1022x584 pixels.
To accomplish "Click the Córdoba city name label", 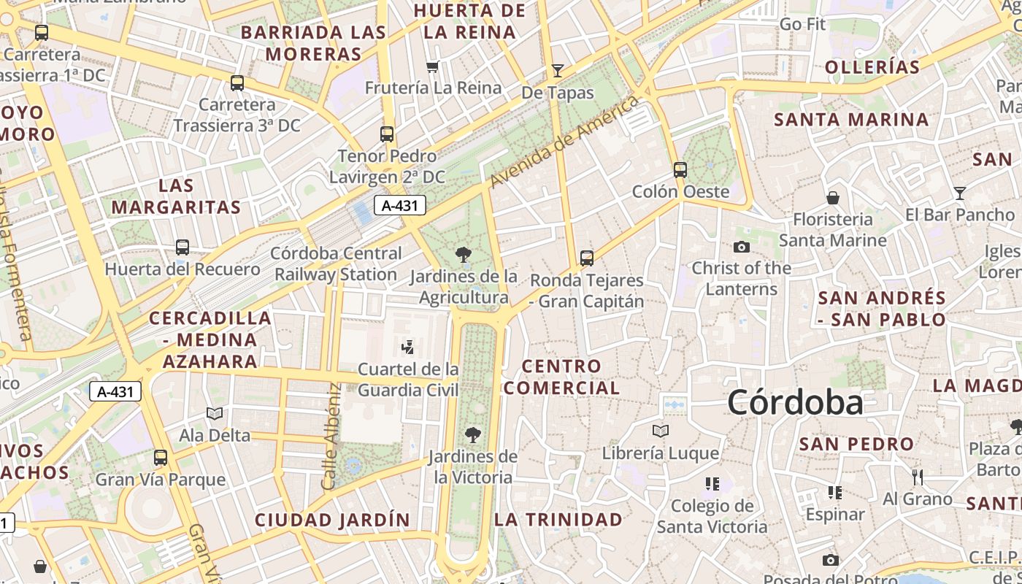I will (795, 402).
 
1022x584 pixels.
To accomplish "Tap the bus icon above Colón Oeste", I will (680, 170).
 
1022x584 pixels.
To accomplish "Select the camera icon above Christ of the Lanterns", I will (742, 247).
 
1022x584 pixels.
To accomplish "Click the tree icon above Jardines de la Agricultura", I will (463, 255).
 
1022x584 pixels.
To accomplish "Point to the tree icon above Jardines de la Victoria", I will (473, 435).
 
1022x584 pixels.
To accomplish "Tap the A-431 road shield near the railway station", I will (400, 206).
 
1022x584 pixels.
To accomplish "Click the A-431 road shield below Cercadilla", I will (115, 391).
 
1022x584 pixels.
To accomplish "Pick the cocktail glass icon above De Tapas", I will (558, 70).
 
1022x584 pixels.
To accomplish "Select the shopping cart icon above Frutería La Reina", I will (433, 67).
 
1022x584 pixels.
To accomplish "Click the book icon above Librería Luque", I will (661, 431).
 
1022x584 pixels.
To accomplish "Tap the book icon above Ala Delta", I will (215, 414).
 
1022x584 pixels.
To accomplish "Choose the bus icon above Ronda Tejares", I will (587, 258).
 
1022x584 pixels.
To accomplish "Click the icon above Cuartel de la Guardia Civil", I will (408, 347).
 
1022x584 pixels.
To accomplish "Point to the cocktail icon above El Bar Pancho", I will (960, 193).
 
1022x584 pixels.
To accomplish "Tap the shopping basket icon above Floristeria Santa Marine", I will (833, 198).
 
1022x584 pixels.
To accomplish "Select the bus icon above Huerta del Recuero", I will (182, 247).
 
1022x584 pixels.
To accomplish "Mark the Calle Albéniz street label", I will (331, 437).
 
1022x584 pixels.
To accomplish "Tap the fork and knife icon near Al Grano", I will (918, 477).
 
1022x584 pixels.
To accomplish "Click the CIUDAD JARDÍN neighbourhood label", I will (332, 520).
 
